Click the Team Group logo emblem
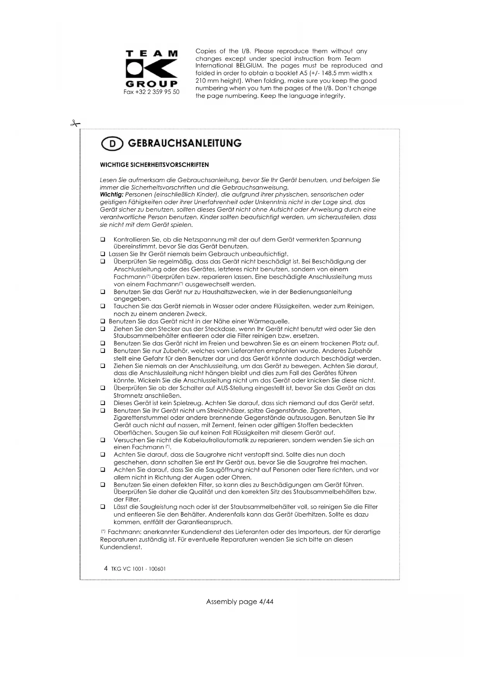pyautogui.click(x=152, y=69)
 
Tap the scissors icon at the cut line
pyautogui.click(x=75, y=124)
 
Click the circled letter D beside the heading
pyautogui.click(x=112, y=144)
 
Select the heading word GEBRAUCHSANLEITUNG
pyautogui.click(x=184, y=143)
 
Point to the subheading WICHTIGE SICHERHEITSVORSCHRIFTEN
pyautogui.click(x=154, y=165)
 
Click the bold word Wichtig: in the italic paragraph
pyautogui.click(x=111, y=194)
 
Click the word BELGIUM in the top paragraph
pyautogui.click(x=249, y=66)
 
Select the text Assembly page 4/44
pyautogui.click(x=240, y=601)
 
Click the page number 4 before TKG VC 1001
pyautogui.click(x=106, y=568)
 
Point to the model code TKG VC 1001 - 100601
pyautogui.click(x=138, y=569)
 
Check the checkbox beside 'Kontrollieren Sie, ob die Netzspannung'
pyautogui.click(x=103, y=240)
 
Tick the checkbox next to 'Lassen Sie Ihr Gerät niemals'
pyautogui.click(x=103, y=254)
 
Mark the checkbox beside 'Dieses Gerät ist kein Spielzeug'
pyautogui.click(x=103, y=403)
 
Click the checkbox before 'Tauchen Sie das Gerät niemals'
pyautogui.click(x=103, y=306)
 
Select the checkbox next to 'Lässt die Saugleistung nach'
pyautogui.click(x=103, y=507)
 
